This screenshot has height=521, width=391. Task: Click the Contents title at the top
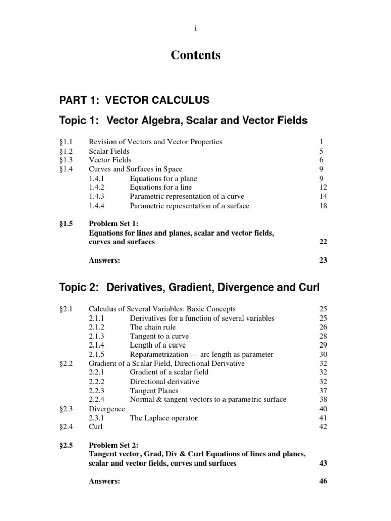click(195, 55)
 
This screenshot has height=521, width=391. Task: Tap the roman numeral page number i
click(195, 28)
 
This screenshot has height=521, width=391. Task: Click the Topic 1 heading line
click(184, 121)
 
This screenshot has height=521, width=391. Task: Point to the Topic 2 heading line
click(189, 287)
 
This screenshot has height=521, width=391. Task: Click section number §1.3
click(67, 160)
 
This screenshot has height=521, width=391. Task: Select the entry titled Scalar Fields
click(109, 151)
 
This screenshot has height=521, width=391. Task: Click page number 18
click(323, 206)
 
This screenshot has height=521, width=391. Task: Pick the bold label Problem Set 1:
click(113, 224)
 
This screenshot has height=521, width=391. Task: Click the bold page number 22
click(323, 242)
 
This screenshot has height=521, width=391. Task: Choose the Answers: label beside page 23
click(104, 260)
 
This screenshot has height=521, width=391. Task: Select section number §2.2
click(67, 363)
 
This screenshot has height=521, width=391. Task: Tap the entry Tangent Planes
click(155, 391)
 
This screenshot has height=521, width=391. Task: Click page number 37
click(323, 391)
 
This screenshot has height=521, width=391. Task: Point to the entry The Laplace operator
click(163, 418)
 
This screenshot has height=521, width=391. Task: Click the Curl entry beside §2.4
click(96, 427)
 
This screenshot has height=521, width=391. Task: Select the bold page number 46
click(323, 481)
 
